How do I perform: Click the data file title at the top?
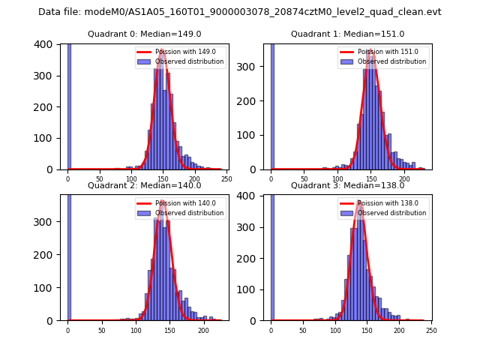tap(240, 12)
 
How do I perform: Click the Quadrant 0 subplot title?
tap(145, 34)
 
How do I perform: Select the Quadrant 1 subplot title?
tap(348, 34)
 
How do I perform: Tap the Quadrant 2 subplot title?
tap(145, 185)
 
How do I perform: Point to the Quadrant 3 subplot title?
tap(348, 185)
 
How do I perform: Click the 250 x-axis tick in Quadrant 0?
tap(226, 179)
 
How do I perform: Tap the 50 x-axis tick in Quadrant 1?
tap(304, 179)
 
